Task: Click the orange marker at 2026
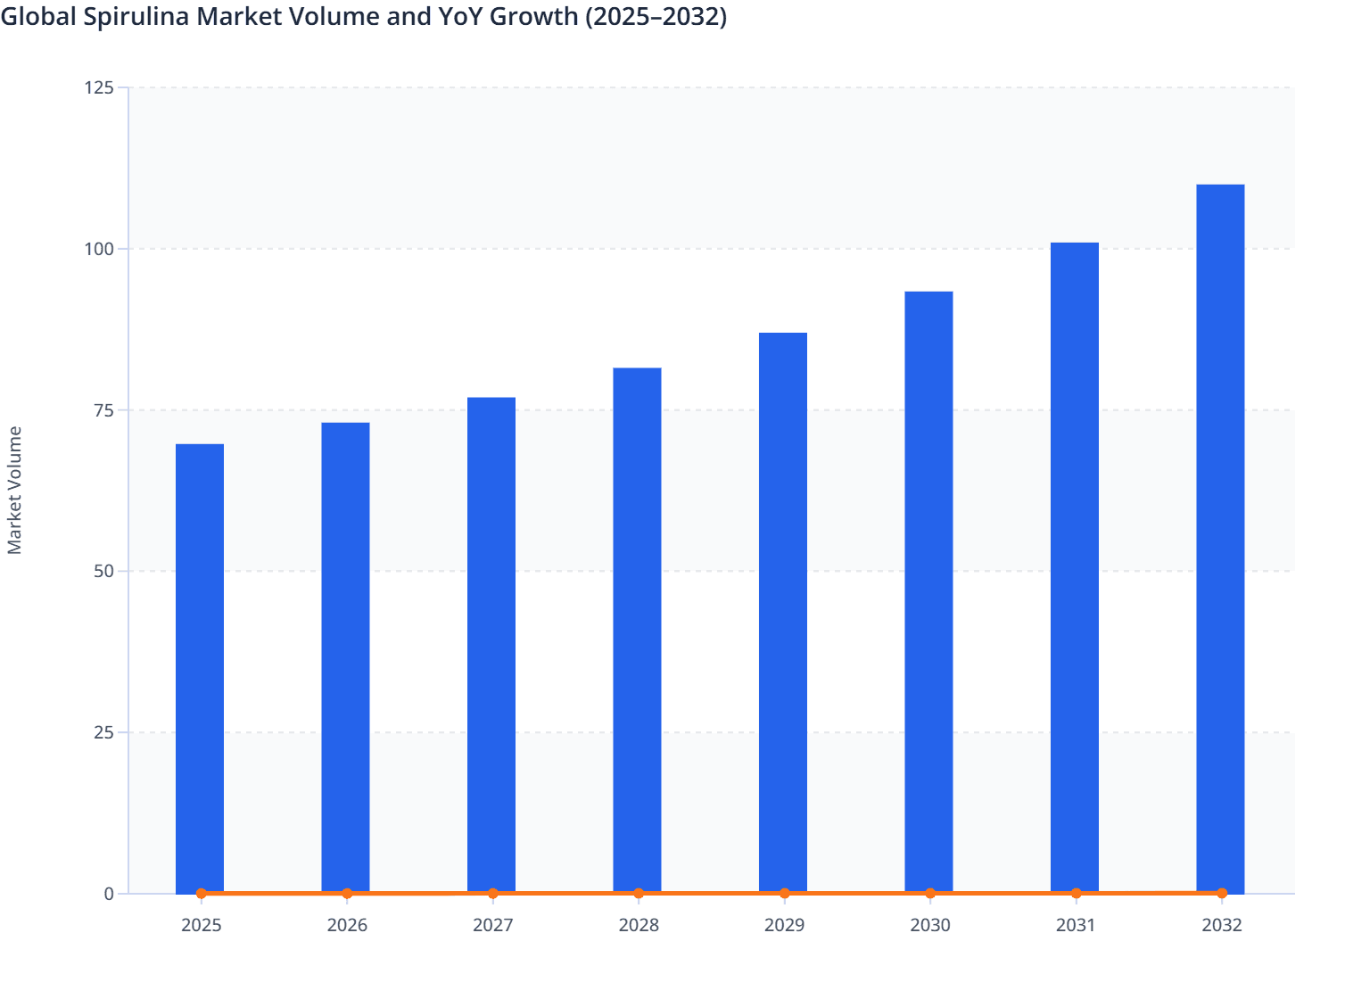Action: (347, 893)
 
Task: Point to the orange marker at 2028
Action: (639, 893)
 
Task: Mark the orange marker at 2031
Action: (1076, 893)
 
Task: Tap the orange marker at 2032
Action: (1222, 893)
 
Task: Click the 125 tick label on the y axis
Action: (99, 87)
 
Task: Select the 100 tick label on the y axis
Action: (99, 249)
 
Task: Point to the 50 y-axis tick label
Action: (103, 571)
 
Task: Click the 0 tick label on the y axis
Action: (109, 894)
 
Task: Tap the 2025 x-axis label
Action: (201, 925)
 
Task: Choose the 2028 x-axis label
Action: (639, 925)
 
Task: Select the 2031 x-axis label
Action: (1076, 925)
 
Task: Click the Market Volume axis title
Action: (14, 490)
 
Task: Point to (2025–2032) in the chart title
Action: (656, 16)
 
